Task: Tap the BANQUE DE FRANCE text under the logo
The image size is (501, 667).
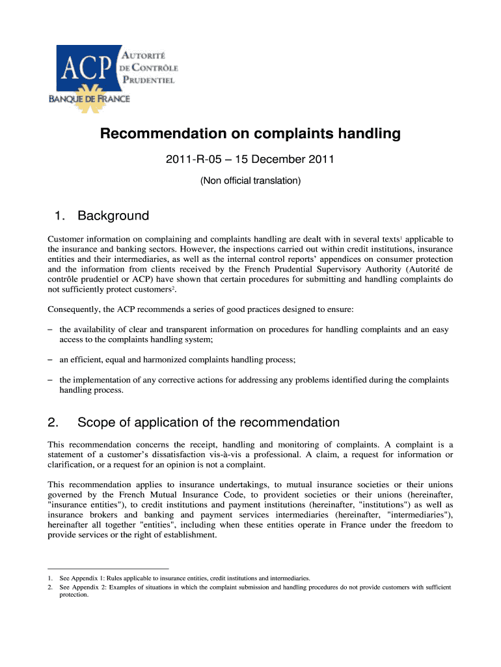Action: [x=89, y=99]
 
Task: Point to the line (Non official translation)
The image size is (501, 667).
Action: [x=251, y=181]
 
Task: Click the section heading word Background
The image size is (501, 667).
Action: [x=113, y=216]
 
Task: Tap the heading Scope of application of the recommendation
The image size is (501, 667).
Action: [x=208, y=422]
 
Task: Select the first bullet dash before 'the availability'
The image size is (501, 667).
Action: [x=50, y=330]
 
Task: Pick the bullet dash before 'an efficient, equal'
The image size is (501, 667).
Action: [x=50, y=360]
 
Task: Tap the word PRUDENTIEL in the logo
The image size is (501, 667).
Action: [x=149, y=81]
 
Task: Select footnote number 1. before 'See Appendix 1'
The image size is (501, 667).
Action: [x=50, y=578]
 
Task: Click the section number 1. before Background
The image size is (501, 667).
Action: [x=57, y=216]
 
